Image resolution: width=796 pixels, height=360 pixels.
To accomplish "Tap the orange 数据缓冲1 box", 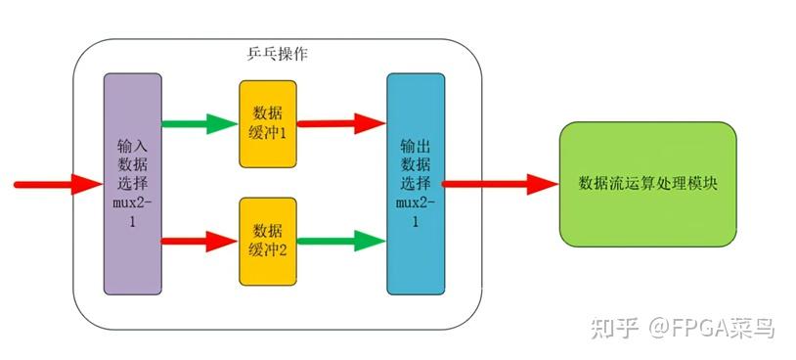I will [267, 123].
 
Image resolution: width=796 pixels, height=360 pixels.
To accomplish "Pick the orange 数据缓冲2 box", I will [267, 240].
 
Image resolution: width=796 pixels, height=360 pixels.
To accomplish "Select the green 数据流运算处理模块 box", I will [646, 183].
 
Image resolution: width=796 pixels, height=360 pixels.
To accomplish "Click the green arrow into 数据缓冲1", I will [199, 124].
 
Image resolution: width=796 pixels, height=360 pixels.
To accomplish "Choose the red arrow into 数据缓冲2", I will [199, 240].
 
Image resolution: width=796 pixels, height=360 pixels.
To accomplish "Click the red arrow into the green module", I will [500, 183].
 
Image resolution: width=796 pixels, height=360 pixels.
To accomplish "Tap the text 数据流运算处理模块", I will [646, 183].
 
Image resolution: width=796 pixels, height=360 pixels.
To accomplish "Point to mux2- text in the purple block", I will [132, 204].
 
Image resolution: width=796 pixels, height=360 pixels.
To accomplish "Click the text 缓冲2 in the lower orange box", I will [267, 250].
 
